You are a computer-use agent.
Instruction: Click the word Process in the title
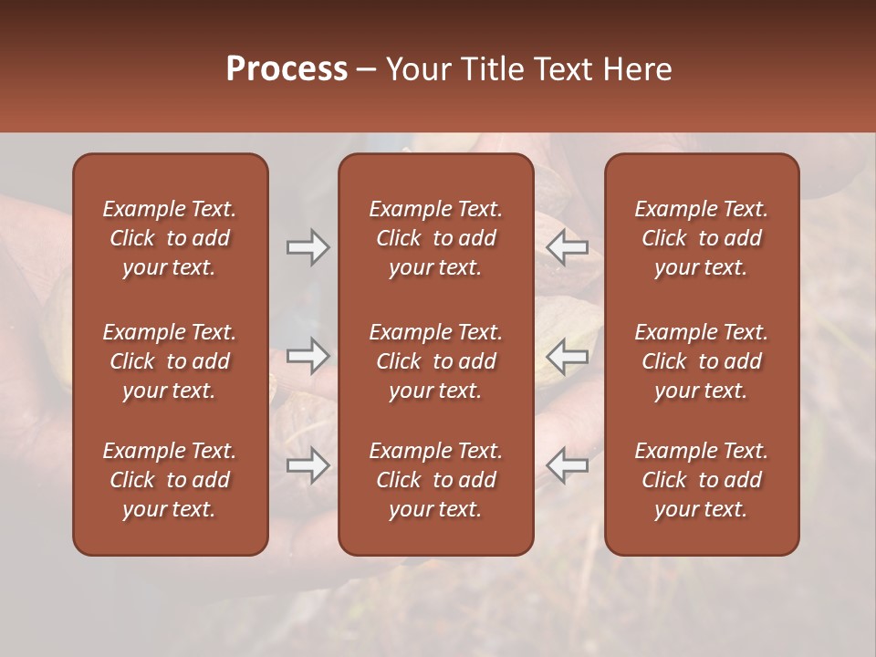287,69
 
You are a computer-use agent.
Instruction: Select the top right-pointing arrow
308,247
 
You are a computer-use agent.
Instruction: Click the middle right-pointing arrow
308,356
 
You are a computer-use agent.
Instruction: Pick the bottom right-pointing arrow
308,465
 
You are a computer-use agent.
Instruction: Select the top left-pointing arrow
567,247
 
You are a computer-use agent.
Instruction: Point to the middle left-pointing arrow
567,356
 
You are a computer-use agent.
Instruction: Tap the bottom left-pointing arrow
567,465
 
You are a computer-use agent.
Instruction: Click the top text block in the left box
170,238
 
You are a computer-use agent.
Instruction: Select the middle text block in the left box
170,361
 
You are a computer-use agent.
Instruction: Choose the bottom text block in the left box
170,480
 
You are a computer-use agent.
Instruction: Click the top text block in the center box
435,238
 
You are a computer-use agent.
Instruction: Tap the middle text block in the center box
435,361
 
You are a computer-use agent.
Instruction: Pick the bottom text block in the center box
435,480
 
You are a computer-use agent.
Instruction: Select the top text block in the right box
701,238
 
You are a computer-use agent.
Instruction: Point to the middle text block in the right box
701,361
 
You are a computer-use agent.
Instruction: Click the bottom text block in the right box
701,480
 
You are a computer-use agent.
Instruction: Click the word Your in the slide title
415,69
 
